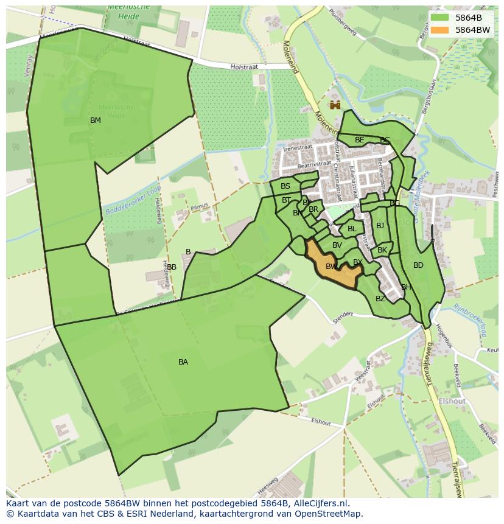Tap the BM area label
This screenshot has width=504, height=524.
coord(96,121)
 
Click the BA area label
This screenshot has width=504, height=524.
coord(183,362)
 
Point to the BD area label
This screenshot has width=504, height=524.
coord(418,265)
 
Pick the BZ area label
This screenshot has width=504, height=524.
coord(380,299)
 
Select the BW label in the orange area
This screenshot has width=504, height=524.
coord(331,267)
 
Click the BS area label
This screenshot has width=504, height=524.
coord(285,186)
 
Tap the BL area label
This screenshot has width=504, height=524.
coord(352,229)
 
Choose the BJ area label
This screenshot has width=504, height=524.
coord(380,226)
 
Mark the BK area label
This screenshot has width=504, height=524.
coord(382,250)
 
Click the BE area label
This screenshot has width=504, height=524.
coord(360,140)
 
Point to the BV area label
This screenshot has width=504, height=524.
coord(337,245)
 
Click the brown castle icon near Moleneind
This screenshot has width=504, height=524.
coord(335,105)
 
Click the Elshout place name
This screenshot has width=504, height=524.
coord(452,401)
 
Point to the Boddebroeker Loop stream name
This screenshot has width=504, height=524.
coord(132,199)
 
